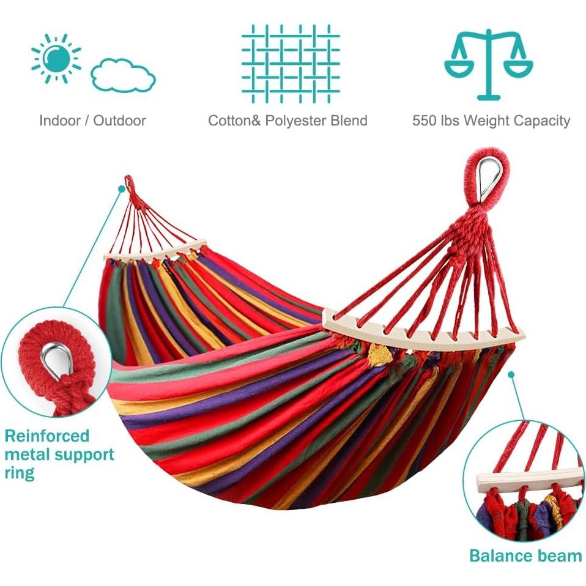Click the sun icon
click(56, 58)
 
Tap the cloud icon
click(124, 75)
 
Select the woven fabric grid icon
click(291, 64)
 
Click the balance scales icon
click(489, 64)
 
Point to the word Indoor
click(60, 121)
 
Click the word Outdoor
click(120, 121)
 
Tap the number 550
click(425, 121)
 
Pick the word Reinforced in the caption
click(47, 436)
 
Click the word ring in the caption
click(20, 473)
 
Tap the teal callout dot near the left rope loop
click(121, 189)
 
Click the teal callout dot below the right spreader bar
click(511, 374)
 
